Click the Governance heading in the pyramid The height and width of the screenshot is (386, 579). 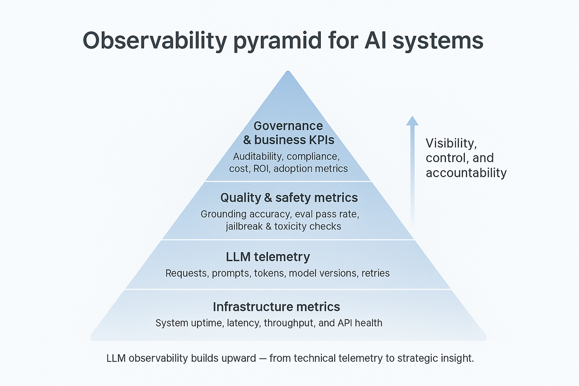[288, 126]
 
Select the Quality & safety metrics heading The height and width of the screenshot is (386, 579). [289, 198]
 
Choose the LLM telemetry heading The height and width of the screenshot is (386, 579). [267, 257]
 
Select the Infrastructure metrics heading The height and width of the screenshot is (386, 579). [276, 307]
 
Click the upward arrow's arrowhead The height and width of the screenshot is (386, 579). [412, 120]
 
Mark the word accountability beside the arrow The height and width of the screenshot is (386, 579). [466, 172]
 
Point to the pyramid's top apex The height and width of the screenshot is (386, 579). [288, 72]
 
